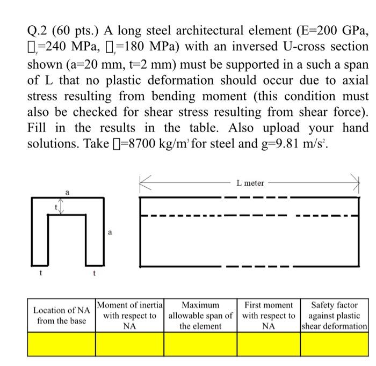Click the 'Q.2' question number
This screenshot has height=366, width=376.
[x=38, y=31]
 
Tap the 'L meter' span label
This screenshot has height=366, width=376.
[x=250, y=183]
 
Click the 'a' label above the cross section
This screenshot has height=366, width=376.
[x=67, y=191]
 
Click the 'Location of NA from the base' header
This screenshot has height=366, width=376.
[x=61, y=316]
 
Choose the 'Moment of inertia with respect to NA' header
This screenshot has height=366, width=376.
[x=129, y=316]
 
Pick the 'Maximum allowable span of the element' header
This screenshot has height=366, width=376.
[x=200, y=316]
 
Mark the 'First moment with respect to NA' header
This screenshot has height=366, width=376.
[x=269, y=316]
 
